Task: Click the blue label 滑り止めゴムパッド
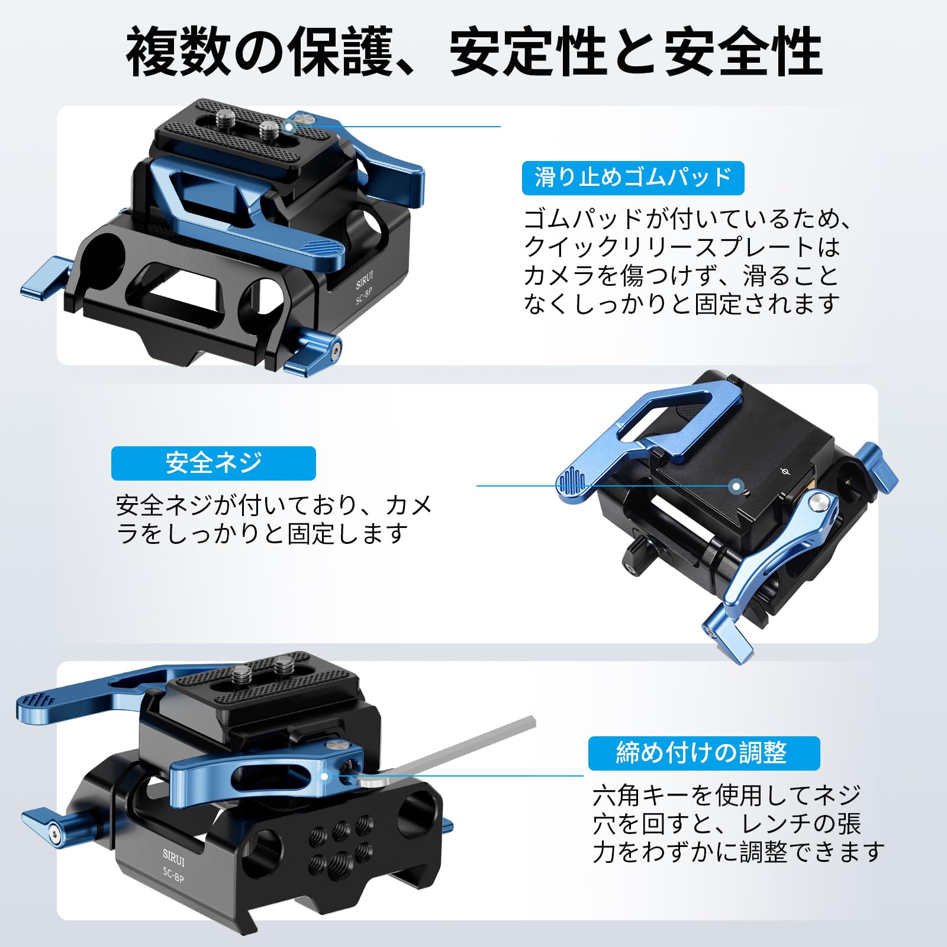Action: click(633, 178)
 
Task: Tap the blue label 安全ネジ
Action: click(213, 463)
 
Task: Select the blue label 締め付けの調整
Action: click(703, 753)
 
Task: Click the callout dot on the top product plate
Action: click(288, 126)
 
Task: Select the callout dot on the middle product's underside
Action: click(736, 487)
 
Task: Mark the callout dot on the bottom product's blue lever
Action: click(324, 776)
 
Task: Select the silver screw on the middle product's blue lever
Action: click(817, 503)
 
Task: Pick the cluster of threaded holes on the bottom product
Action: click(340, 840)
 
